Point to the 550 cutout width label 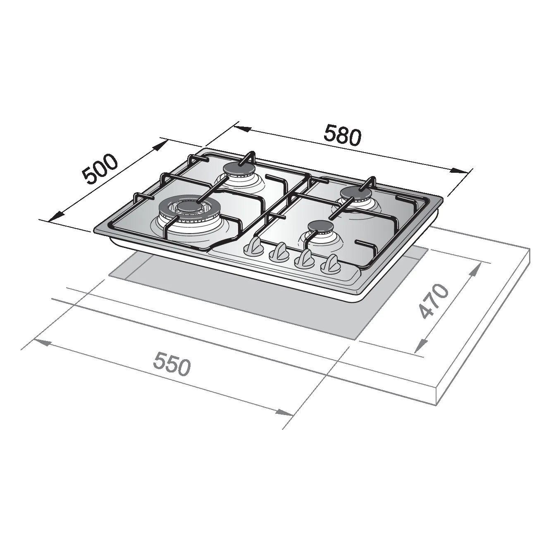(172, 364)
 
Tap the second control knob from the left (279, 253)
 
